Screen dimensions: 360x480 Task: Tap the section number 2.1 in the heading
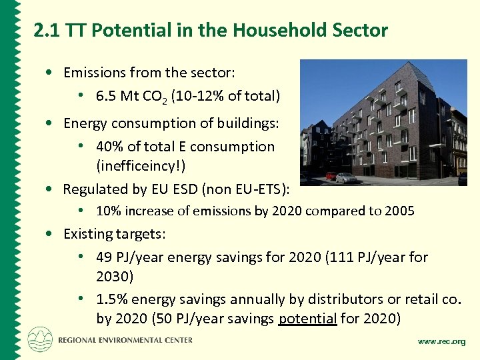click(47, 30)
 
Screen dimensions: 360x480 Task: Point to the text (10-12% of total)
click(225, 96)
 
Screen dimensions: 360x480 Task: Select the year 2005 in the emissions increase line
click(399, 211)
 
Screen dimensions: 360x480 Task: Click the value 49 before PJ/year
click(104, 257)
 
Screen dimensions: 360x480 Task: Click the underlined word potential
click(307, 319)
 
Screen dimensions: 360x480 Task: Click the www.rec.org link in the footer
click(441, 341)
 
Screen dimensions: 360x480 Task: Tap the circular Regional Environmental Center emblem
click(39, 339)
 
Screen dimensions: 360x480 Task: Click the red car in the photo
click(331, 177)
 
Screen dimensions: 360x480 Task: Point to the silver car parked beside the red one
click(346, 177)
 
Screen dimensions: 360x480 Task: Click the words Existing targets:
click(114, 234)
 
